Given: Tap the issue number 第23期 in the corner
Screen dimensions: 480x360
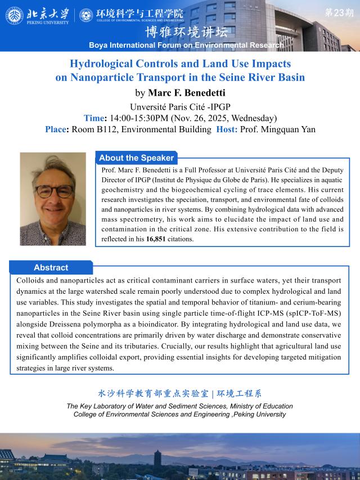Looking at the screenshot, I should coord(339,12).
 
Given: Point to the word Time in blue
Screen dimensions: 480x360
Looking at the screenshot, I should coord(93,118).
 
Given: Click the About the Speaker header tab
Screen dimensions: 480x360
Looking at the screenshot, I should coord(136,158).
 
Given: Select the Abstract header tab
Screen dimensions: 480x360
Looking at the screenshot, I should coord(51,267).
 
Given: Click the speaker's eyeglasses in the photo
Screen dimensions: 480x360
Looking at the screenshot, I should coord(53,191).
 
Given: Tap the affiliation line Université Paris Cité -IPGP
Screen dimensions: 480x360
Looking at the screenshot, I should coord(180,107).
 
